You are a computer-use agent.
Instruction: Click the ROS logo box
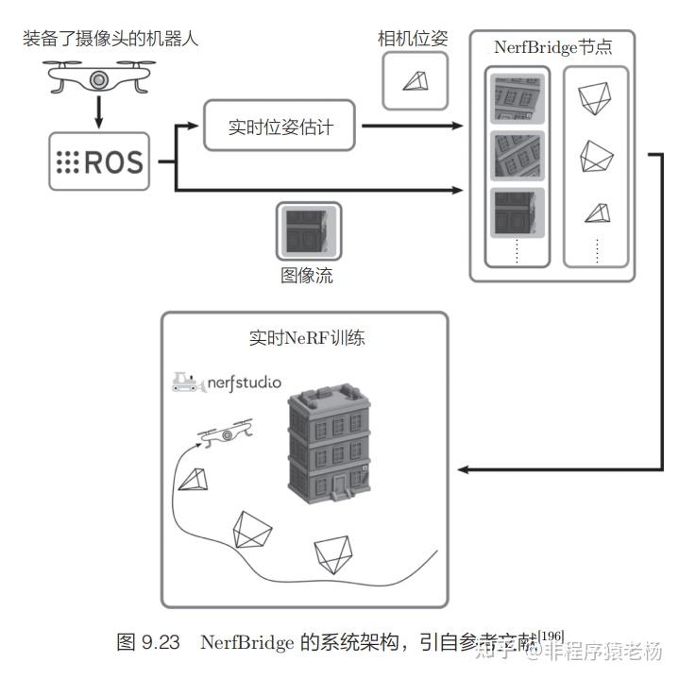pyautogui.click(x=99, y=161)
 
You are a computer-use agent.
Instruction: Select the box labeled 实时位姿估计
pyautogui.click(x=280, y=125)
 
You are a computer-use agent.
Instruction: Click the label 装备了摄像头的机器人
pyautogui.click(x=110, y=41)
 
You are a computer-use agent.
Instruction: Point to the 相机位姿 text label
pyautogui.click(x=413, y=39)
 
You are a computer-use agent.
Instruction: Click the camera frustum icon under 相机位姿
pyautogui.click(x=414, y=81)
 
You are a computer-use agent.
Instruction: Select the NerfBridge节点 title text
pyautogui.click(x=552, y=46)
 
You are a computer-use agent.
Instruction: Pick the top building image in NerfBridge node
pyautogui.click(x=515, y=98)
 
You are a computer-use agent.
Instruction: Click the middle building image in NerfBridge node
pyautogui.click(x=515, y=156)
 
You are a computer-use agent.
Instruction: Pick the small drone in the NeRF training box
pyautogui.click(x=223, y=433)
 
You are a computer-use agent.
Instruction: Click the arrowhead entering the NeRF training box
pyautogui.click(x=463, y=469)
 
